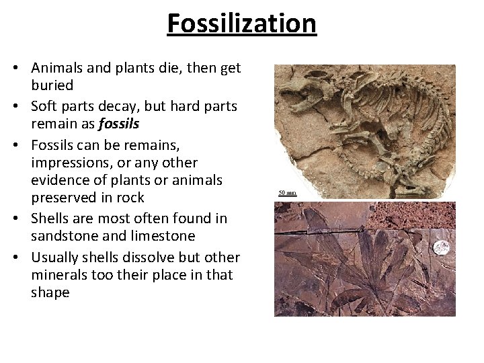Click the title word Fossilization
pos(241,24)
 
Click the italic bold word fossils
pos(118,124)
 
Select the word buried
pos(52,85)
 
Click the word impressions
pos(67,163)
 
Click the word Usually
pos(57,257)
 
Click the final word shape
pos(50,293)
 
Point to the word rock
pos(130,198)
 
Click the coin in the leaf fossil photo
pos(442,247)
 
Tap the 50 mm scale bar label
pos(287,193)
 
